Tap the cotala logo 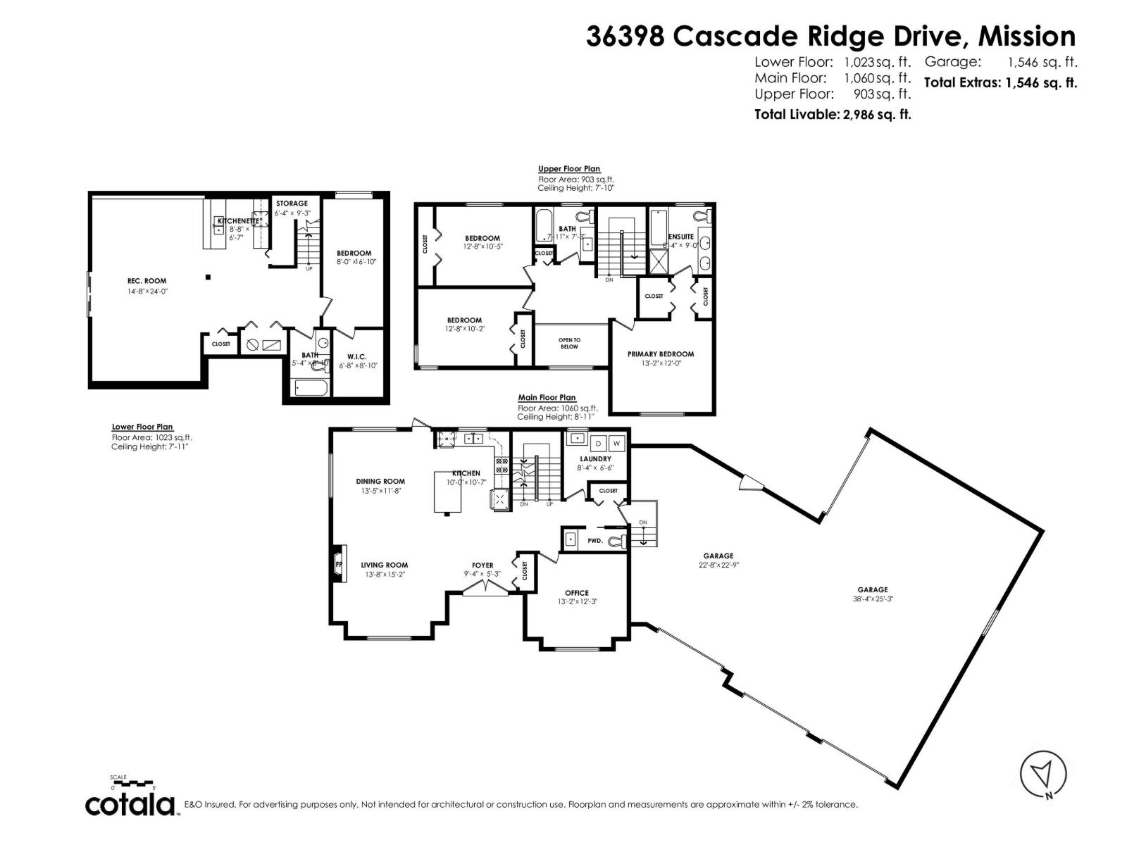[x=131, y=805]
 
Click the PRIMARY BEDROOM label [x=660, y=354]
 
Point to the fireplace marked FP [x=339, y=564]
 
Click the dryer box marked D [x=599, y=444]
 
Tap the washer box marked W [x=616, y=444]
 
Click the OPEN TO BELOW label [x=569, y=343]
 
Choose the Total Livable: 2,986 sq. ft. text [x=833, y=114]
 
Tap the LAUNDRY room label [x=595, y=459]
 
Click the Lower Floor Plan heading [x=142, y=427]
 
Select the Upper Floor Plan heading [x=569, y=169]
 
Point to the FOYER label [x=482, y=565]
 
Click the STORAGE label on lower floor [x=292, y=204]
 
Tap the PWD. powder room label [x=595, y=541]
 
